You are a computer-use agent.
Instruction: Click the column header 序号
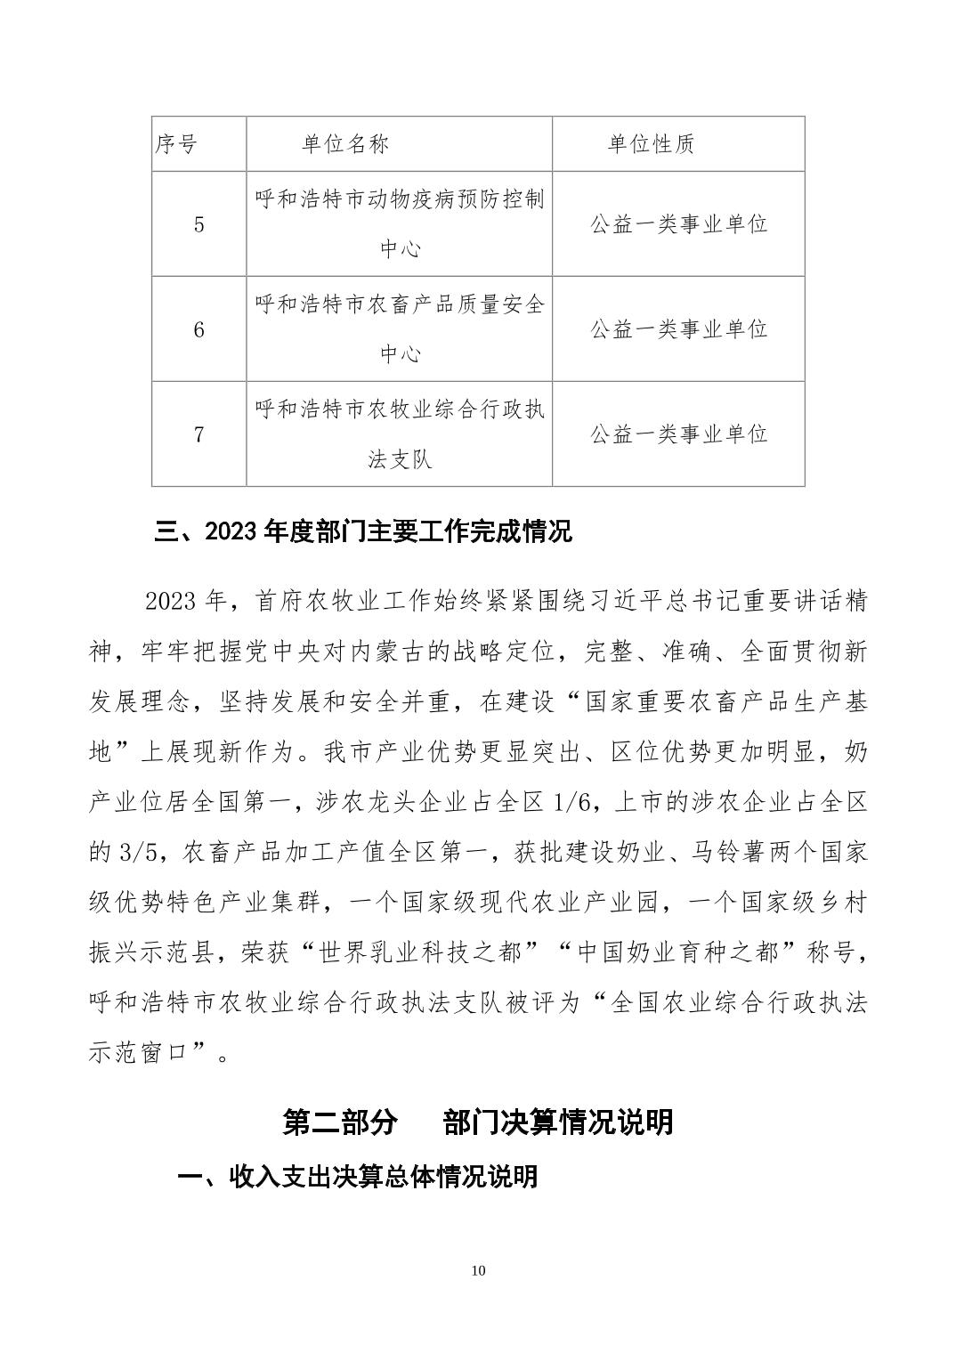click(176, 144)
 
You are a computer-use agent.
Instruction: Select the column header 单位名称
click(345, 144)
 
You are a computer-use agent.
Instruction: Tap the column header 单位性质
click(651, 144)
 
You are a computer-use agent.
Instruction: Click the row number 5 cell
click(198, 224)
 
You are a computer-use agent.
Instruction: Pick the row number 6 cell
click(198, 329)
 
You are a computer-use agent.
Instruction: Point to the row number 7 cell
click(198, 434)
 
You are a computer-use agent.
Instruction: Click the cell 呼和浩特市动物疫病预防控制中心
click(400, 223)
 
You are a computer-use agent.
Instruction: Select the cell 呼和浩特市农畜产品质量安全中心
click(400, 329)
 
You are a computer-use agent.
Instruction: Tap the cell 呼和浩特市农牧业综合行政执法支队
click(400, 434)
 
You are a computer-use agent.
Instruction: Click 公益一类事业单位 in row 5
click(678, 224)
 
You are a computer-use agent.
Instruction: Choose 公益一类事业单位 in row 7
click(678, 434)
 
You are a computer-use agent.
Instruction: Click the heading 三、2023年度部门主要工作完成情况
click(363, 532)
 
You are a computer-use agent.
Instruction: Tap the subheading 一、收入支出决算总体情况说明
click(358, 1177)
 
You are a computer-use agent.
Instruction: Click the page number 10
click(479, 1270)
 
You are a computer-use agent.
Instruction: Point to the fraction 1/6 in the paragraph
click(571, 804)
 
